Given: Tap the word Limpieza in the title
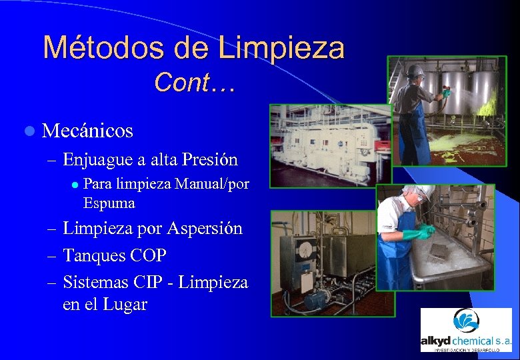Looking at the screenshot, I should (x=281, y=48).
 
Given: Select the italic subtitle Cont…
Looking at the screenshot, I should (x=194, y=83).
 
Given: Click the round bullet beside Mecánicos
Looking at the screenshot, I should (x=28, y=131).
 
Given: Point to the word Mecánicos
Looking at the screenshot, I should (x=87, y=131).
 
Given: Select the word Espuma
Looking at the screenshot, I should (x=109, y=203).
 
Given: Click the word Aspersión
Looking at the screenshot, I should (x=208, y=229).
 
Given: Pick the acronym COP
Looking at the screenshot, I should (x=148, y=255).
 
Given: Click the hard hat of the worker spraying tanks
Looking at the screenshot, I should (x=416, y=69).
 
